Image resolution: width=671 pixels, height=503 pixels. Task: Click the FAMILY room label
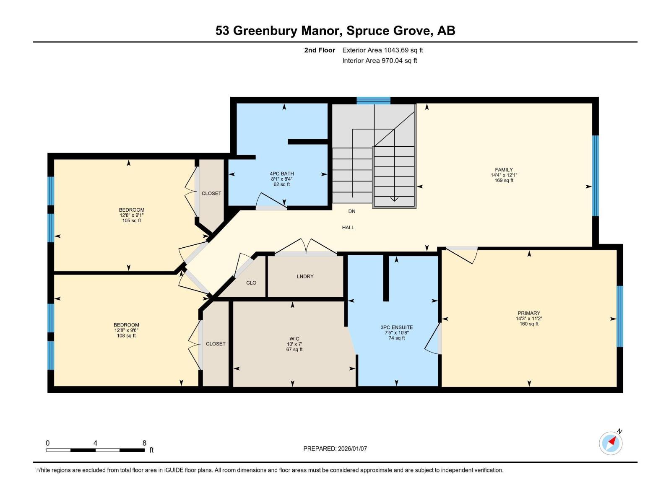pyautogui.click(x=504, y=170)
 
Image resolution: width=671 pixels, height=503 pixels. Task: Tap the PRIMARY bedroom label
pyautogui.click(x=528, y=313)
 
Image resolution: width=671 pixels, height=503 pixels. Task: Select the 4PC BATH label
pyautogui.click(x=281, y=174)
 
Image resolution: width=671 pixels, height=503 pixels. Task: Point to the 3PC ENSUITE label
pyautogui.click(x=396, y=327)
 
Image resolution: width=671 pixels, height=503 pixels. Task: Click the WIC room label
pyautogui.click(x=294, y=339)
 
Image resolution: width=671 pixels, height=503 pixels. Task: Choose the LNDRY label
pyautogui.click(x=305, y=277)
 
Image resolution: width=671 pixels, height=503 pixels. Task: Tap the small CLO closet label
pyautogui.click(x=251, y=283)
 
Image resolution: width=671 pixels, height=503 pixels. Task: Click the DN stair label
pyautogui.click(x=351, y=211)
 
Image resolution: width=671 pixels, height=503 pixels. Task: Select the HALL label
pyautogui.click(x=348, y=228)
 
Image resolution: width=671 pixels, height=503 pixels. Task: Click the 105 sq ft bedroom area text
pyautogui.click(x=131, y=220)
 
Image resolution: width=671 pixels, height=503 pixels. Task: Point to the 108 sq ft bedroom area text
pyautogui.click(x=126, y=335)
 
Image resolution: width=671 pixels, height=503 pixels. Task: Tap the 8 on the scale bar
pyautogui.click(x=144, y=443)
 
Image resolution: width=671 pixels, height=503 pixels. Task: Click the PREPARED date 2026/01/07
pyautogui.click(x=351, y=449)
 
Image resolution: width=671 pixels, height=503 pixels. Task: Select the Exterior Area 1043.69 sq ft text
pyautogui.click(x=382, y=50)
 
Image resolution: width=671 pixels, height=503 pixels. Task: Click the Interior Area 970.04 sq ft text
pyautogui.click(x=380, y=61)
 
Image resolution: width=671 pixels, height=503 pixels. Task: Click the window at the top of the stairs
pyautogui.click(x=373, y=100)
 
